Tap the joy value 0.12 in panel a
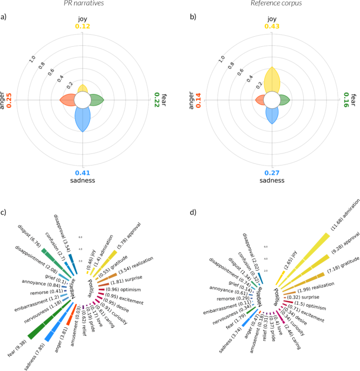pos(83,26)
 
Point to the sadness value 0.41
pos(83,173)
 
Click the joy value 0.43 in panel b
pos(271,26)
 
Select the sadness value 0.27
pos(271,173)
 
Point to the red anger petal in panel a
pos(67,100)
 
